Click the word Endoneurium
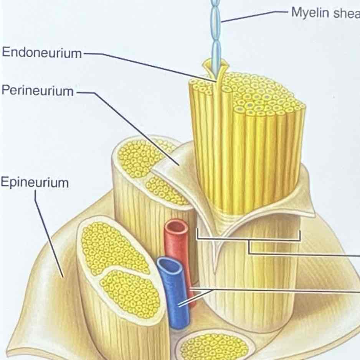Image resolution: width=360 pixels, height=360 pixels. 42,53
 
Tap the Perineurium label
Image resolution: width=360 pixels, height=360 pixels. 37,91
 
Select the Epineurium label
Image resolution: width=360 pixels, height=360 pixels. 35,182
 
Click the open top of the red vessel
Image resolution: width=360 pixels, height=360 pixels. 176,226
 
